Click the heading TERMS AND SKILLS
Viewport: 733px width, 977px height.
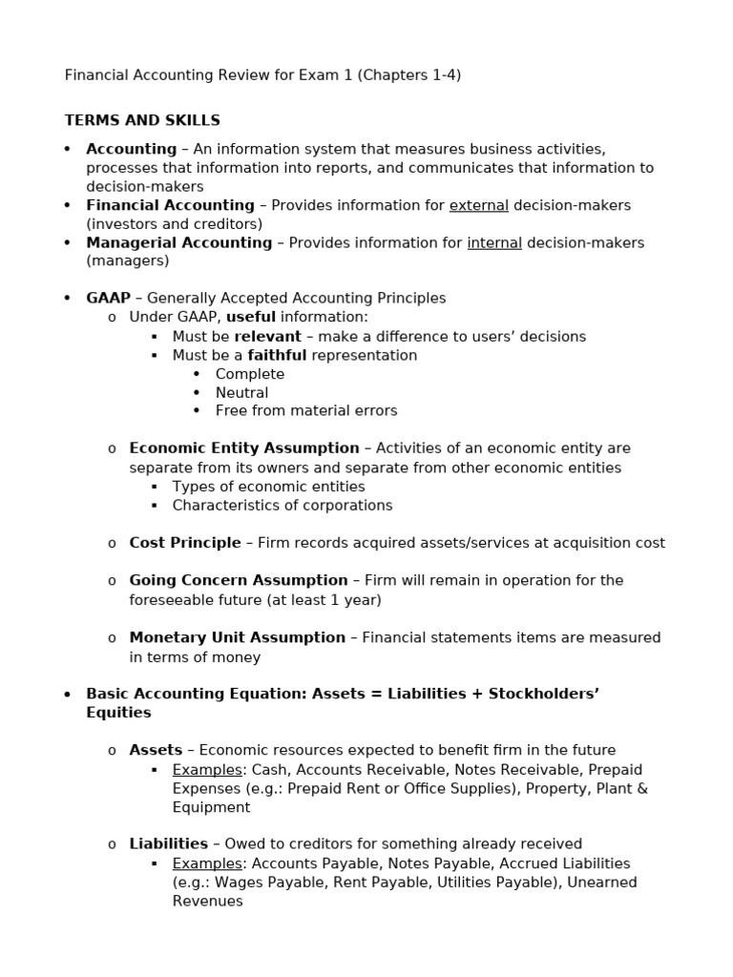coord(142,120)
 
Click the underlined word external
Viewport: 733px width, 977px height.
coord(478,205)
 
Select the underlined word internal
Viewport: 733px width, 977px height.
coord(493,242)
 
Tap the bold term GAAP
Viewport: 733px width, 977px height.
coord(108,299)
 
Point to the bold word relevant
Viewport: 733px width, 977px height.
coord(267,337)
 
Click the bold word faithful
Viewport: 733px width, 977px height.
coord(277,355)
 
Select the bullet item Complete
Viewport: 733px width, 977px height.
coord(249,374)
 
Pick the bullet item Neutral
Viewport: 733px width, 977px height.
coord(241,392)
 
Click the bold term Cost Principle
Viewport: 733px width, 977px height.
coord(185,543)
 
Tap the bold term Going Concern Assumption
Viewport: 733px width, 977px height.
coord(239,580)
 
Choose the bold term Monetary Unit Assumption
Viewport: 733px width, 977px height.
coord(237,637)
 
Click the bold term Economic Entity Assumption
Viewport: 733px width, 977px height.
coord(244,448)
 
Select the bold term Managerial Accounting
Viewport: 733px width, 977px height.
coord(178,242)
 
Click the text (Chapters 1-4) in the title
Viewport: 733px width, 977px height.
coord(408,74)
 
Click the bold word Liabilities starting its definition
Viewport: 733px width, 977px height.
coord(168,843)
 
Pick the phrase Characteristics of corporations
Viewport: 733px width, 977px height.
coord(282,505)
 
